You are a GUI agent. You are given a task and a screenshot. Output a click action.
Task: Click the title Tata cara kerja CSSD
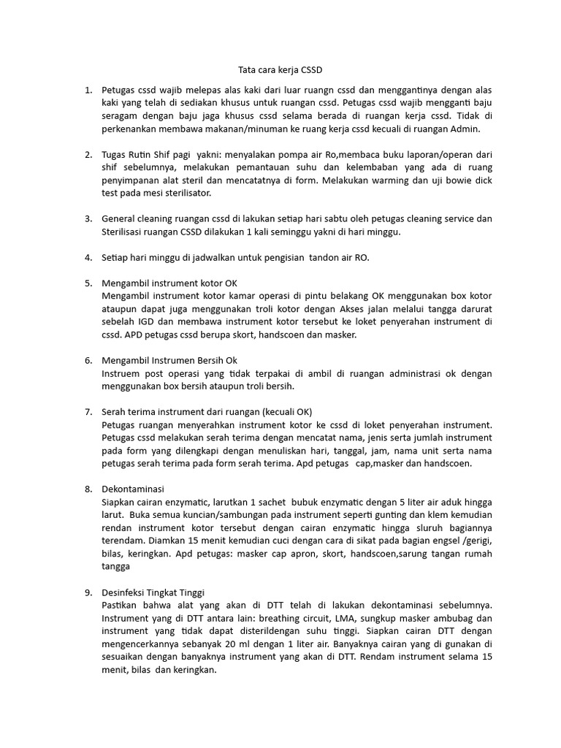(280, 70)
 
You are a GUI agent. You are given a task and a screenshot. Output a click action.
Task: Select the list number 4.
(88, 257)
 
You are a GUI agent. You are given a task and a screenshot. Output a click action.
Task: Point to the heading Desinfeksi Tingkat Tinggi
(157, 592)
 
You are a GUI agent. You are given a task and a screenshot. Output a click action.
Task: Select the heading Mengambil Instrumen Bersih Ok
(169, 360)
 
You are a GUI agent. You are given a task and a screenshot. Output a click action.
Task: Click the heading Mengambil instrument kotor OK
(169, 282)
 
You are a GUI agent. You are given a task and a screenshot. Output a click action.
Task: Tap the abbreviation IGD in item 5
(151, 321)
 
